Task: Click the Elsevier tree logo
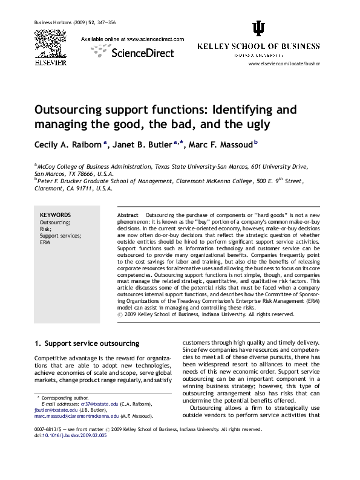50,42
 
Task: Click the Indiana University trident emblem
258,28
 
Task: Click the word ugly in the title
257,125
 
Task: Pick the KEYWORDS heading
55,215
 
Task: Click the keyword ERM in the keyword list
45,242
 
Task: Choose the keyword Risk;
46,229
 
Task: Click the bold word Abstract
128,215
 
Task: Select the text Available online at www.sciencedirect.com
133,39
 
